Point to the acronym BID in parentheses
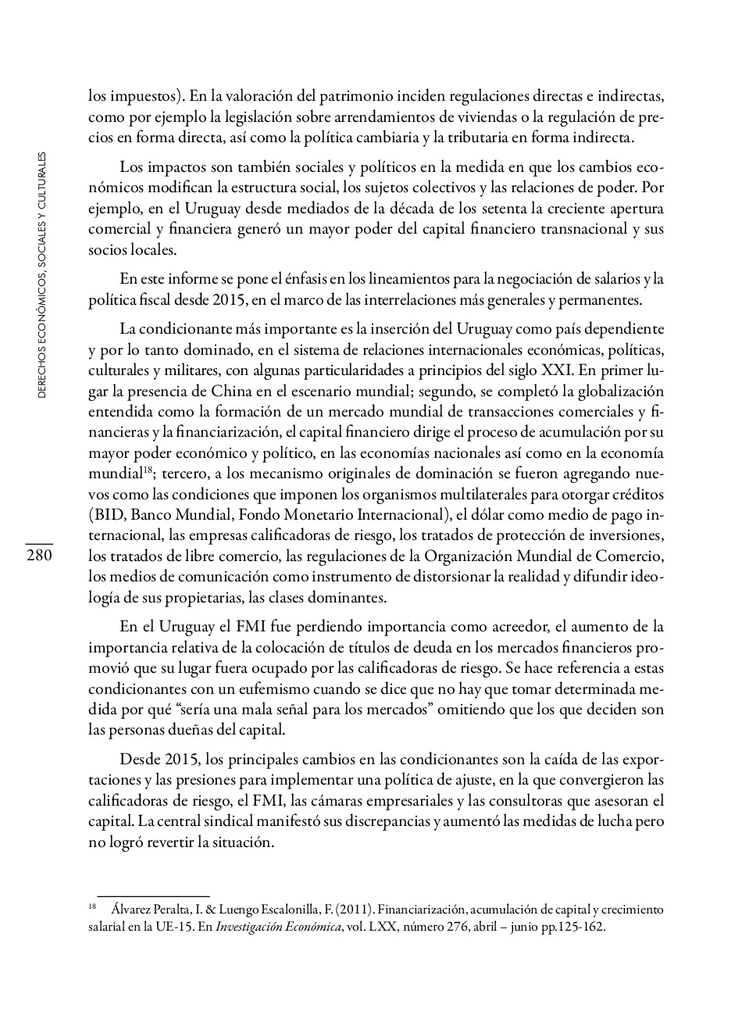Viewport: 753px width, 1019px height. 108,515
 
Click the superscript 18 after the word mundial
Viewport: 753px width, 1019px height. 147,470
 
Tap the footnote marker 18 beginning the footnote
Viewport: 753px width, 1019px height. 92,908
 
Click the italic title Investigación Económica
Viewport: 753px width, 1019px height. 278,928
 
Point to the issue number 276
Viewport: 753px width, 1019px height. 458,928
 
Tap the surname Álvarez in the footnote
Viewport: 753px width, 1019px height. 134,910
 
